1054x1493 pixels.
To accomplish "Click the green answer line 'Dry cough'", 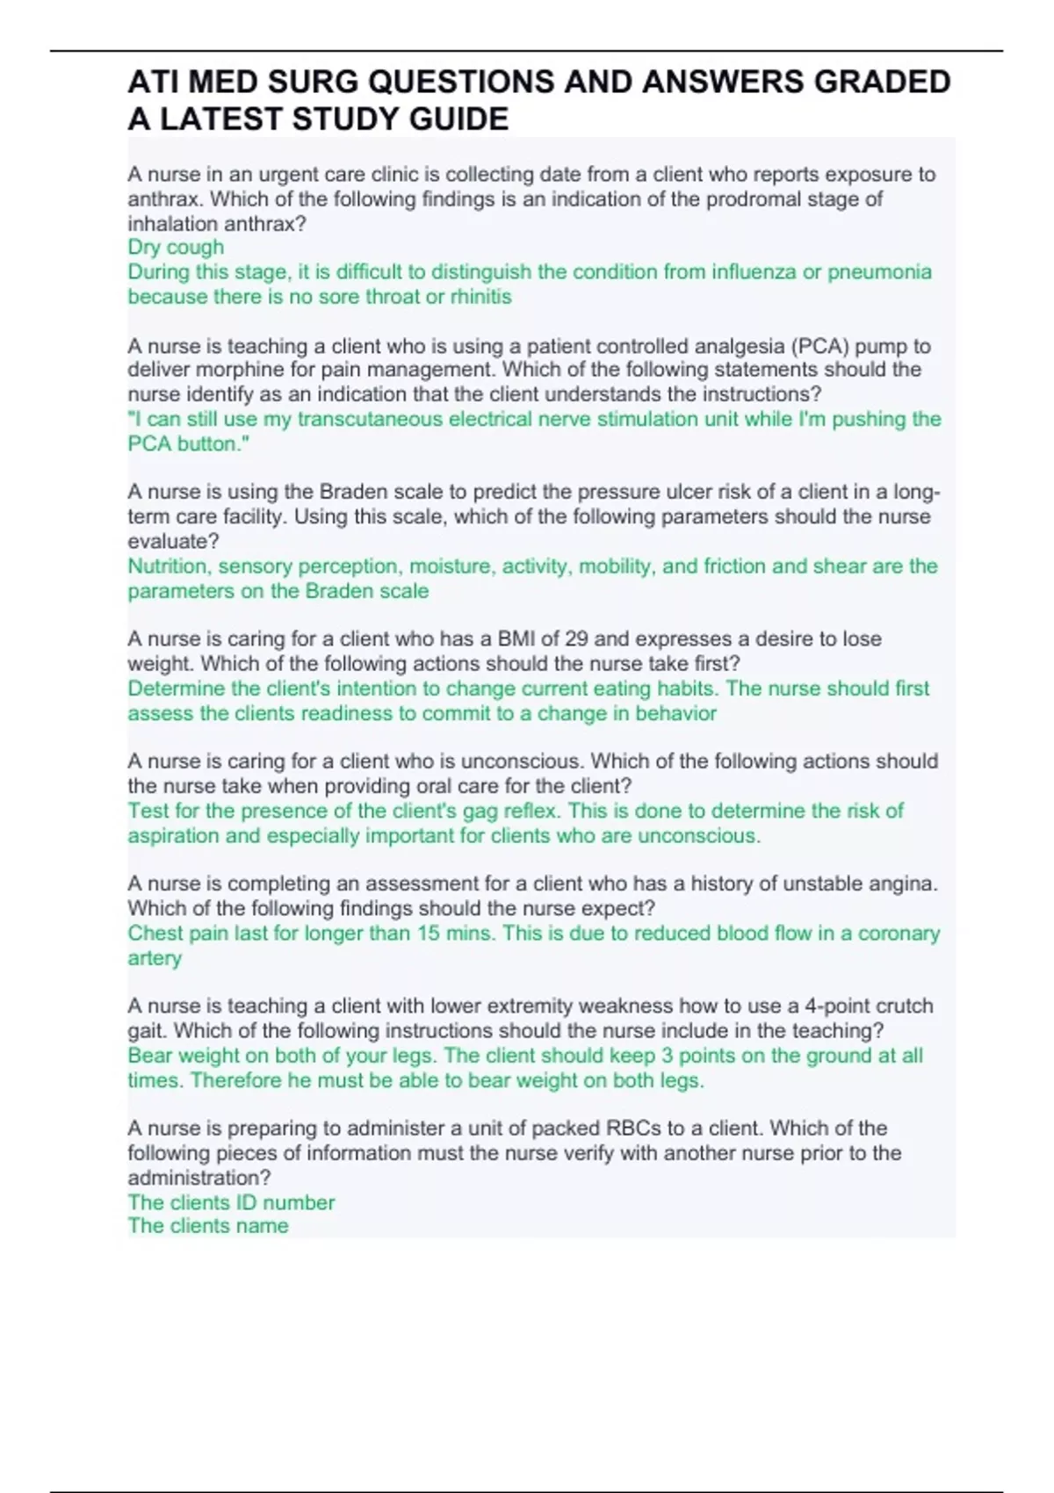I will [x=176, y=247].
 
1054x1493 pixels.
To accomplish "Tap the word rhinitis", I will [x=480, y=297].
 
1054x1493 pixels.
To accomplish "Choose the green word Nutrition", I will [x=168, y=566].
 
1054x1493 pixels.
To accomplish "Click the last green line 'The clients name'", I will [x=208, y=1226].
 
